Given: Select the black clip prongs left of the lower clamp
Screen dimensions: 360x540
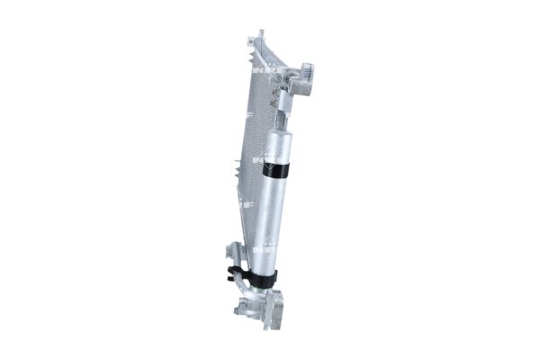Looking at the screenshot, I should click(236, 273).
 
